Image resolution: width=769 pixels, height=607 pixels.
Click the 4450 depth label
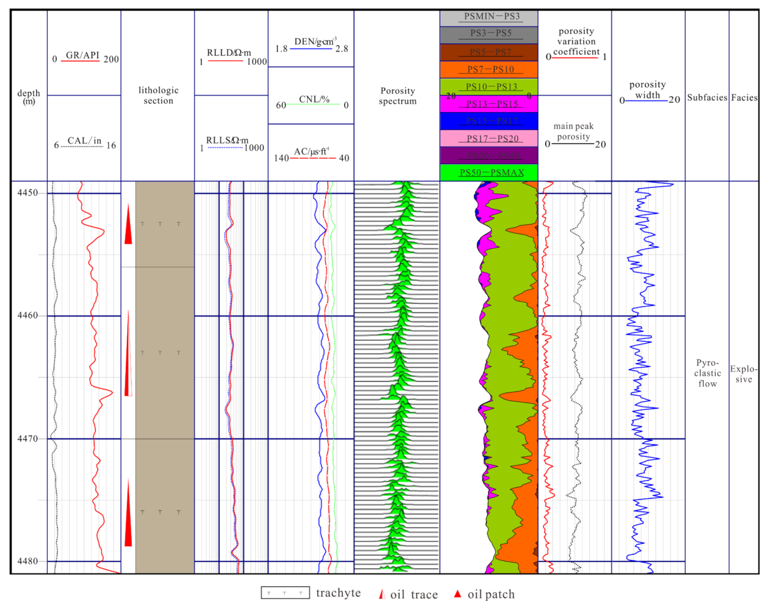(28, 193)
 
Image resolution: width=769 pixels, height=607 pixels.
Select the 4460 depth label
(28, 315)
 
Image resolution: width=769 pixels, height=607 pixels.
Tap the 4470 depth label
(28, 438)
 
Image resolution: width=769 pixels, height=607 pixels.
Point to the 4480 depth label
(28, 561)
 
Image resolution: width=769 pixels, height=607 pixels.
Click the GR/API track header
(82, 56)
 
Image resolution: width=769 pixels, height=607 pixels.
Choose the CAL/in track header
(84, 141)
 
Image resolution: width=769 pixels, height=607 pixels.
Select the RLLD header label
(229, 53)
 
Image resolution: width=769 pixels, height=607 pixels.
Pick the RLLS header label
(227, 141)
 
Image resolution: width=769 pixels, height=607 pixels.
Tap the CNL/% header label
(314, 100)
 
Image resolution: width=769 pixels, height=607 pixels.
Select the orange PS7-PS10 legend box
(489, 69)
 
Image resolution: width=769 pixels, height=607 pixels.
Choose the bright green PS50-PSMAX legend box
(489, 173)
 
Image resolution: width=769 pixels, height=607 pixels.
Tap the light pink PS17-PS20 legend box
(489, 138)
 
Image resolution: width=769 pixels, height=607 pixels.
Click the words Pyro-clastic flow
(707, 373)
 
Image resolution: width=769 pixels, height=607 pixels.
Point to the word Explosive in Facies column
(743, 374)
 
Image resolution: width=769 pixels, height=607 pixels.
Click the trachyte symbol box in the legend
(285, 593)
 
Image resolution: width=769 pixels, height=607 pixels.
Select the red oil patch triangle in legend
(457, 594)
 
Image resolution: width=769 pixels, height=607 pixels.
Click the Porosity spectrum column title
(397, 96)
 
